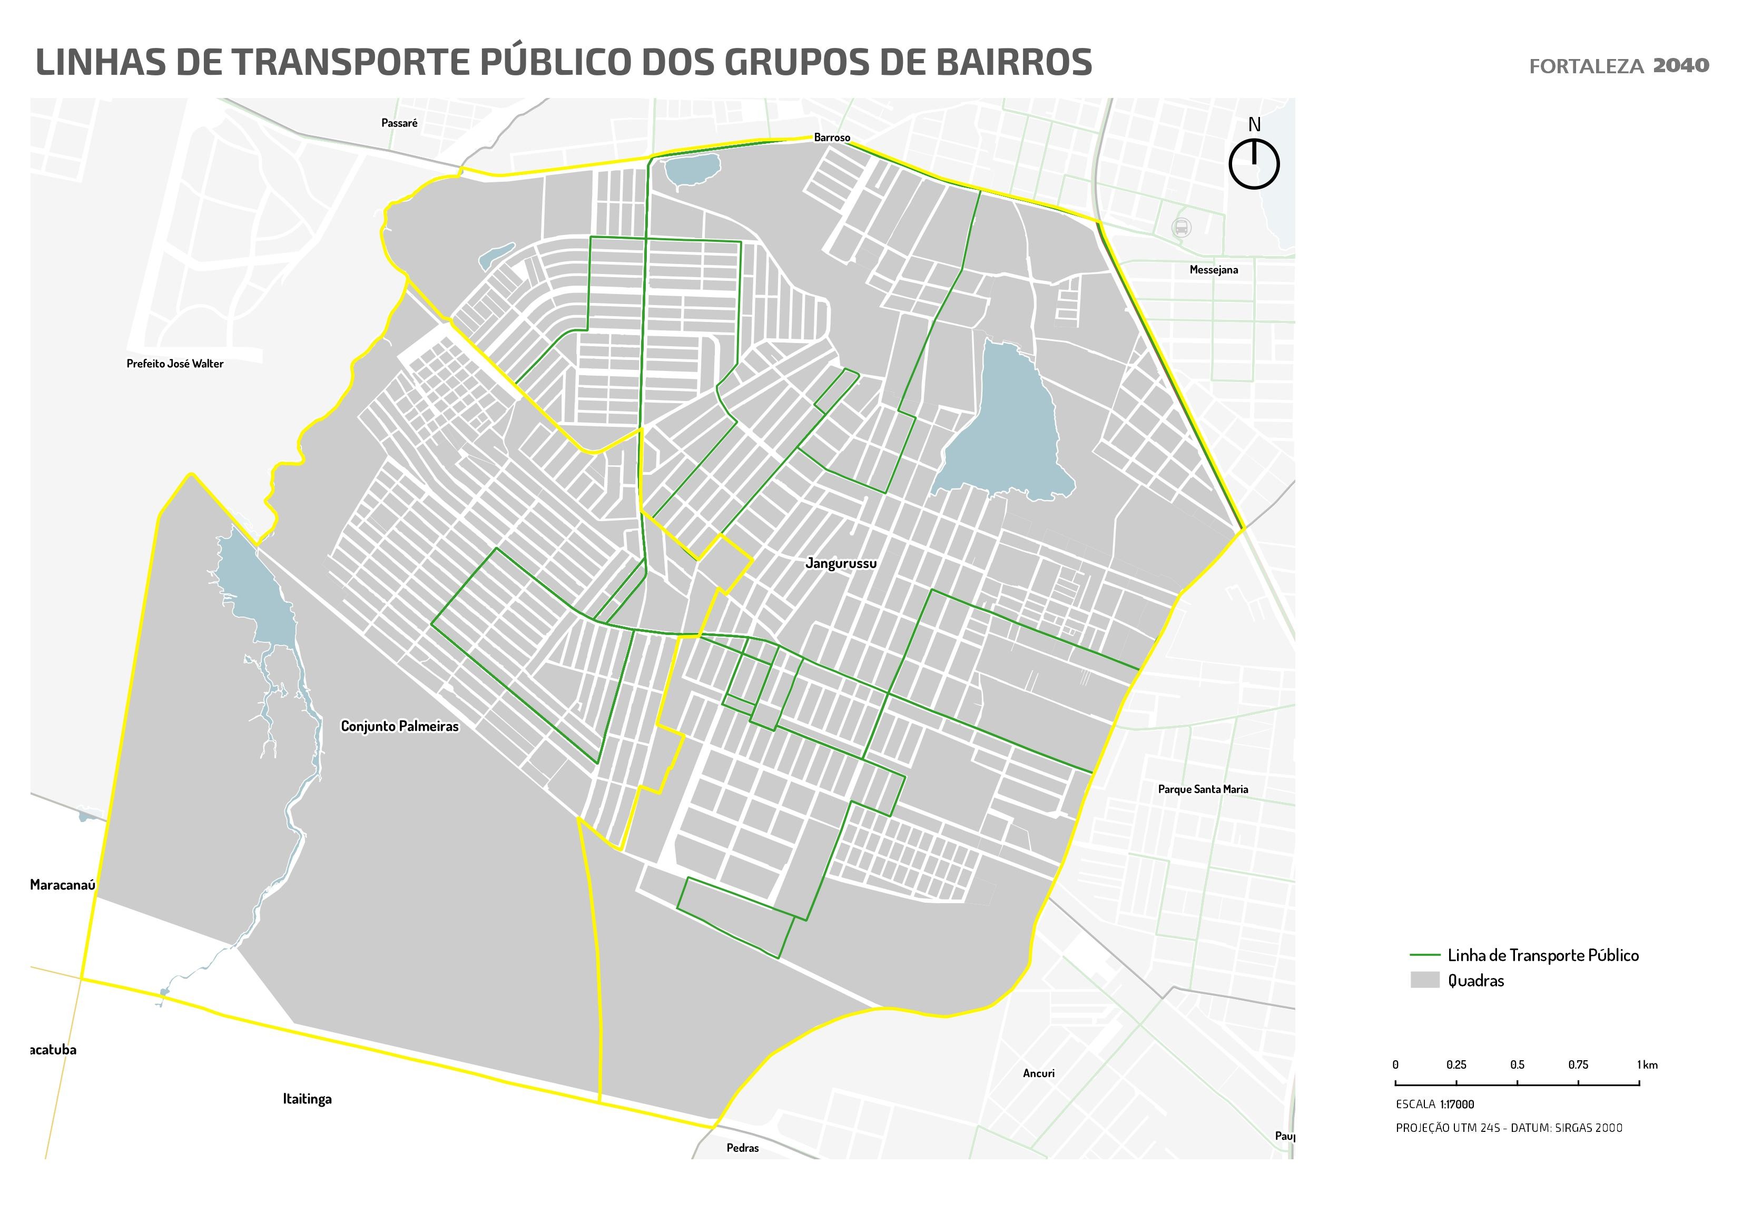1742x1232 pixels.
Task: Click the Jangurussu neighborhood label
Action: coord(841,563)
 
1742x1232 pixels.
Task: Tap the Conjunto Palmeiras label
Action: coord(399,727)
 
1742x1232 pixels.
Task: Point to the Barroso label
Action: coord(832,138)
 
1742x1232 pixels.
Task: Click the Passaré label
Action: coord(399,123)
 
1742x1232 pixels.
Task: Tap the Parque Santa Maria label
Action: coord(1203,789)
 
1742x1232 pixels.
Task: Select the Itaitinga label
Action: coord(307,1099)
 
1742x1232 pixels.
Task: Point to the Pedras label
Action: coord(742,1148)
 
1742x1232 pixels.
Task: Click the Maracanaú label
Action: coord(62,885)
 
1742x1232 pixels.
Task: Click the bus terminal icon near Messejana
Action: coord(1180,227)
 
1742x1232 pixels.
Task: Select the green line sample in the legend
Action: coord(1424,955)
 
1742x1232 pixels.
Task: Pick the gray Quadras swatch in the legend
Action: coord(1424,980)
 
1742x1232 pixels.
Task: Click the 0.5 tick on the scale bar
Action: coord(1517,1084)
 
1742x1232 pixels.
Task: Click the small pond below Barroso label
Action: coord(692,169)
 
